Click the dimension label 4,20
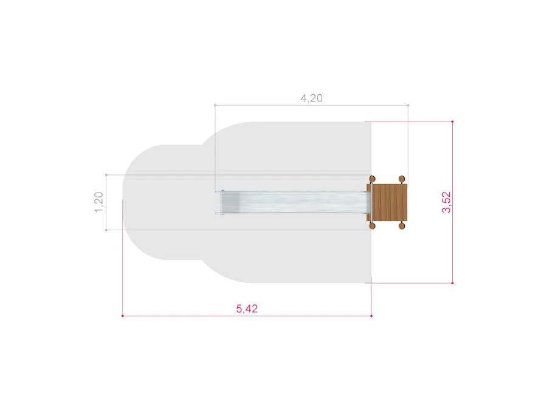[312, 98]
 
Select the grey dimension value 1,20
[98, 202]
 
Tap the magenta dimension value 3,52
[446, 202]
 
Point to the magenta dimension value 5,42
[247, 309]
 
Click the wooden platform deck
[390, 202]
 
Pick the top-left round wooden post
[372, 179]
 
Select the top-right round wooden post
[402, 179]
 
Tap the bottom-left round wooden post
[372, 226]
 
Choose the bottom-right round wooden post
[402, 226]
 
